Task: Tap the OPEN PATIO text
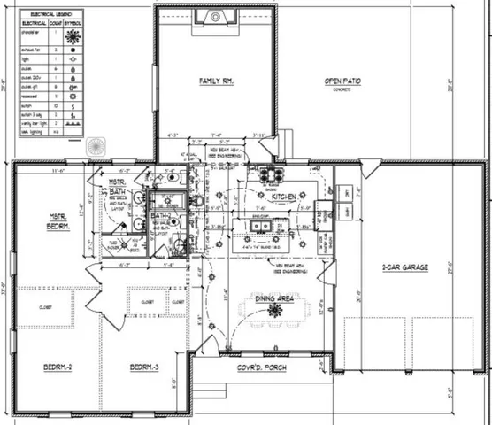point(342,81)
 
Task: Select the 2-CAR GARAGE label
point(404,267)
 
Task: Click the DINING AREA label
point(270,298)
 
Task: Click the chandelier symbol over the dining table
point(262,311)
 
